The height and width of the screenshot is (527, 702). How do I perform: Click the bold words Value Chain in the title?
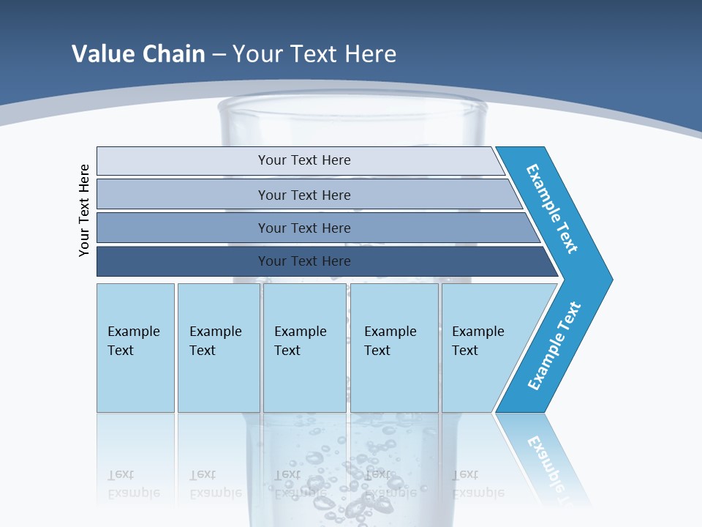pyautogui.click(x=138, y=53)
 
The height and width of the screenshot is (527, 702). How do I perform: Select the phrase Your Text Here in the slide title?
pyautogui.click(x=314, y=53)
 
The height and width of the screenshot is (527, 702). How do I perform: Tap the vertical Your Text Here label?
pyautogui.click(x=84, y=210)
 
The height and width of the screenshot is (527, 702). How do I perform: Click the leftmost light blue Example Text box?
pyautogui.click(x=135, y=348)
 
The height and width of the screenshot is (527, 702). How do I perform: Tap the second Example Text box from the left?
pyautogui.click(x=219, y=348)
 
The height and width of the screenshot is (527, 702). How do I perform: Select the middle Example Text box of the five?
pyautogui.click(x=304, y=348)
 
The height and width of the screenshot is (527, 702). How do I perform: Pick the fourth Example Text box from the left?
pyautogui.click(x=394, y=348)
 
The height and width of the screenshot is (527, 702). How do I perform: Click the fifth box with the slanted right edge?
pyautogui.click(x=483, y=348)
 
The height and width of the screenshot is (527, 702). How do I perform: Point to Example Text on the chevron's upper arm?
pyautogui.click(x=552, y=209)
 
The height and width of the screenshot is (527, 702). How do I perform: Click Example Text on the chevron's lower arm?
pyautogui.click(x=554, y=346)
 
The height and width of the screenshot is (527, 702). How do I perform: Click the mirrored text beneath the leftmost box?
pyautogui.click(x=133, y=483)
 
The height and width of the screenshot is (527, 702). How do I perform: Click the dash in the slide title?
pyautogui.click(x=219, y=54)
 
